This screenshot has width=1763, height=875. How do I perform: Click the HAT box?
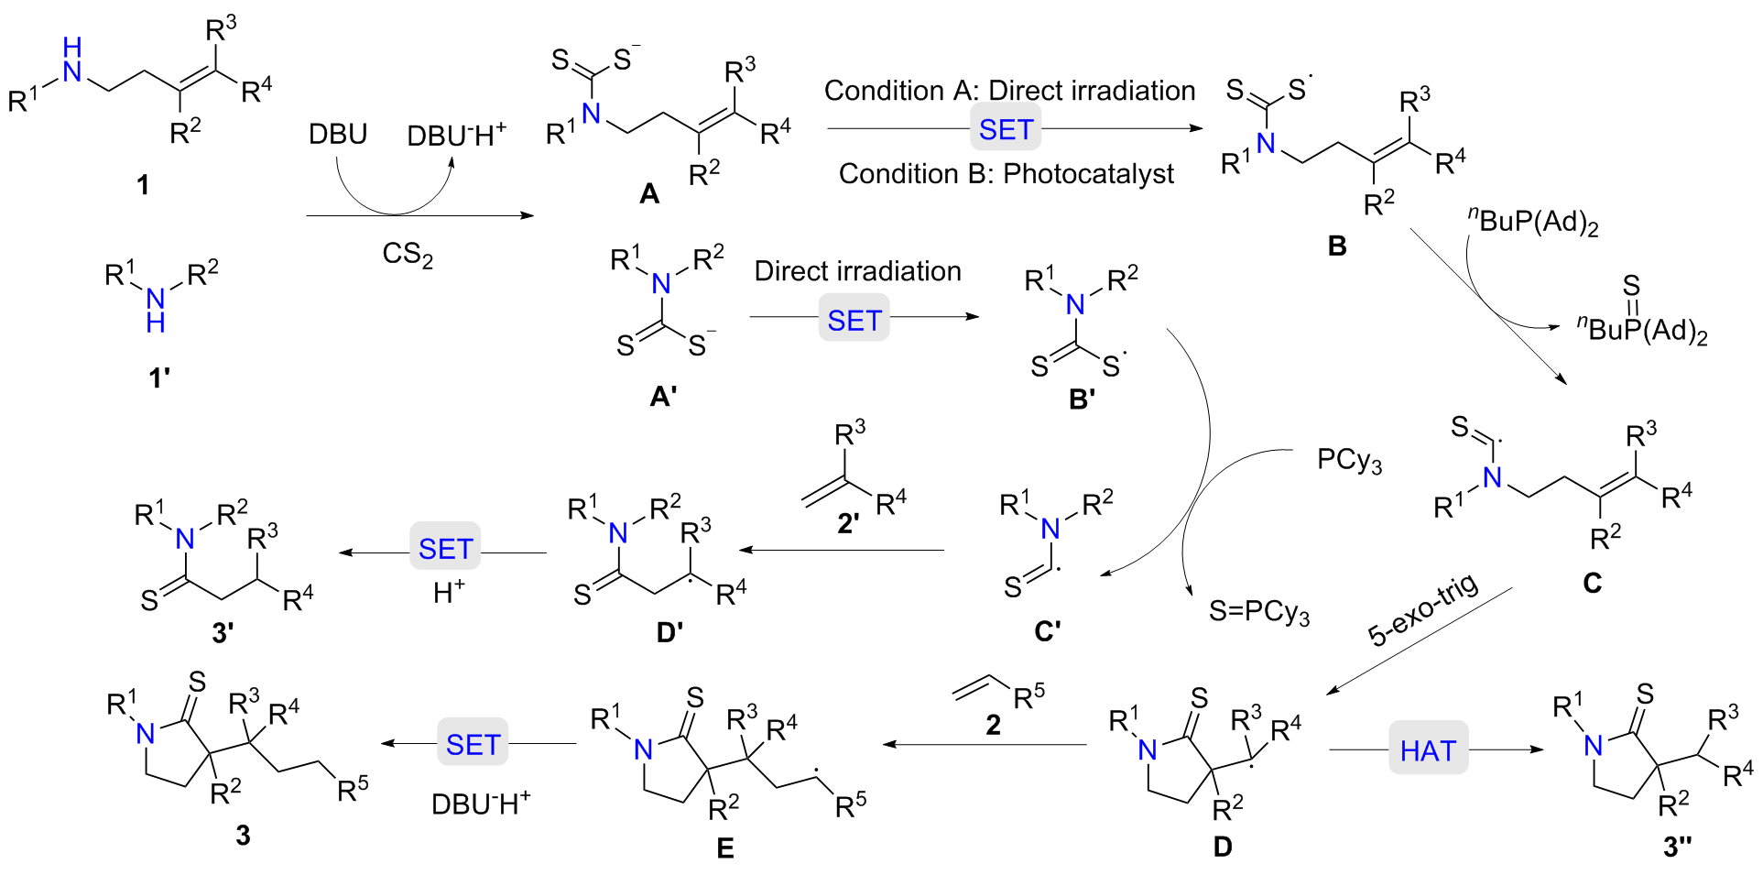1427,749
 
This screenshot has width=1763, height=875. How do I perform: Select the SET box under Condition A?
1005,129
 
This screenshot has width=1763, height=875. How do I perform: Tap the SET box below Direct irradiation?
854,319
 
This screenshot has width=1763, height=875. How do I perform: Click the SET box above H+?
444,548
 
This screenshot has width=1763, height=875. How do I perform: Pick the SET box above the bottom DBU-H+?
472,744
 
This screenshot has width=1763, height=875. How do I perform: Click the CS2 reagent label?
408,254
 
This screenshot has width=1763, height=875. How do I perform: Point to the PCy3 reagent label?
1348,459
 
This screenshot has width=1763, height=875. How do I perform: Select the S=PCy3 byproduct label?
1259,611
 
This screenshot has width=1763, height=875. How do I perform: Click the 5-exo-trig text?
1422,609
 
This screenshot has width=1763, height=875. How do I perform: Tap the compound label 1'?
159,377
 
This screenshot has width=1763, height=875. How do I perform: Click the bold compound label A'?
663,396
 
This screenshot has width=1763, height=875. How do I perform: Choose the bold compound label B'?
1082,399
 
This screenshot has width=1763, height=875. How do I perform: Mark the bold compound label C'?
1047,631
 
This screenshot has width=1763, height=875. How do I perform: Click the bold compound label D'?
669,631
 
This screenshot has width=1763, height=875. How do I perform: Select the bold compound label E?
724,848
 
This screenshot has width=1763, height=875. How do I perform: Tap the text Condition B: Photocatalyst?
1006,174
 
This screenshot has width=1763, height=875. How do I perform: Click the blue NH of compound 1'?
156,310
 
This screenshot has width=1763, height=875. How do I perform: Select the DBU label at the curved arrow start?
337,135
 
